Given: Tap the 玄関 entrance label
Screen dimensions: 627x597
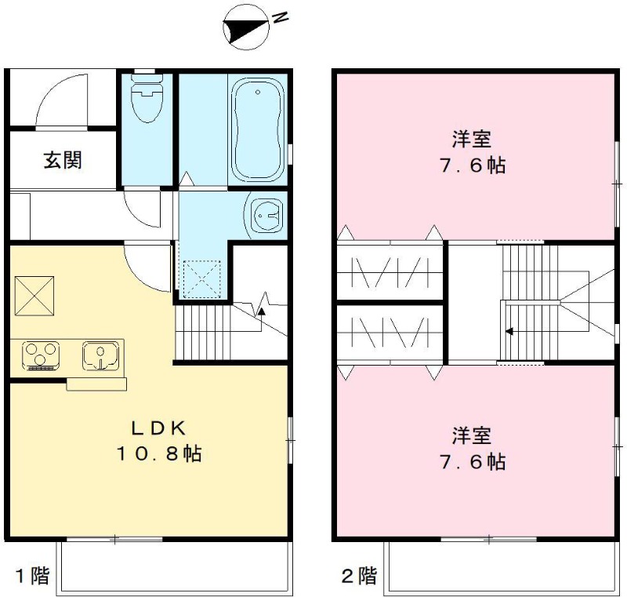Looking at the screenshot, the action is coord(63,160).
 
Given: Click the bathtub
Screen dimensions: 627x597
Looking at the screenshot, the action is coord(258,130).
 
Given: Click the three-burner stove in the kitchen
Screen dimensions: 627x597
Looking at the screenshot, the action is coord(41,355).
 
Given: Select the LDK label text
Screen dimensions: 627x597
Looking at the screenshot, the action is coord(159,429).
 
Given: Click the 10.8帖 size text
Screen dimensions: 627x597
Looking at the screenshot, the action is coord(159,453).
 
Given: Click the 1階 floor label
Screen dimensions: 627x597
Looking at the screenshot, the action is coord(32,576).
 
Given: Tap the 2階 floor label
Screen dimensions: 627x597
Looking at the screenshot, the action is coord(359,576).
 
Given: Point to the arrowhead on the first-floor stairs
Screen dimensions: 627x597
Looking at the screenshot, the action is coord(261,310).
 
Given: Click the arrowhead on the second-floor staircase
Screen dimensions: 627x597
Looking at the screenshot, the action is coord(509,331).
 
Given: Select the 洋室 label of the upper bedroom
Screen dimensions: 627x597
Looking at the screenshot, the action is coord(472,139).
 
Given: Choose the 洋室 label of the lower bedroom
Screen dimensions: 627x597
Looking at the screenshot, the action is coord(472,435).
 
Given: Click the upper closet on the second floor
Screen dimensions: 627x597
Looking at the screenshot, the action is coord(390,271).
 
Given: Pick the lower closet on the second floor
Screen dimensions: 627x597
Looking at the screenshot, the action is coord(390,333).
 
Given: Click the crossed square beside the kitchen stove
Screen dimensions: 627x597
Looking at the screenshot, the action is coord(34,296).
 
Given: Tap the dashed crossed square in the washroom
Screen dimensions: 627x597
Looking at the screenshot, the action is coord(202,279).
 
